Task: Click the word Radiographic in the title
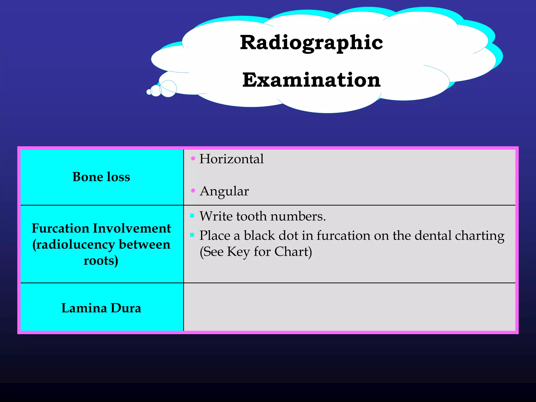[x=311, y=43]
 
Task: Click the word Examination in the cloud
[x=311, y=80]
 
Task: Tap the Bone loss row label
[x=101, y=177]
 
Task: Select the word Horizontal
[x=231, y=159]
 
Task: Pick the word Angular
[x=224, y=191]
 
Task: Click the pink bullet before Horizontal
[x=193, y=158]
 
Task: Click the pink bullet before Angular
[x=193, y=191]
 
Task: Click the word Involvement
[x=132, y=228]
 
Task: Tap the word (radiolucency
[x=74, y=245]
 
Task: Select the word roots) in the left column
[x=101, y=261]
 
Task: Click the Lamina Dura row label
[x=101, y=308]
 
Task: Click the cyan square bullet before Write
[x=192, y=216]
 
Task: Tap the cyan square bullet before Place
[x=192, y=235]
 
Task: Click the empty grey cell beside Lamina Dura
[x=349, y=307]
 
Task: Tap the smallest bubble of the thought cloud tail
[x=149, y=92]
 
